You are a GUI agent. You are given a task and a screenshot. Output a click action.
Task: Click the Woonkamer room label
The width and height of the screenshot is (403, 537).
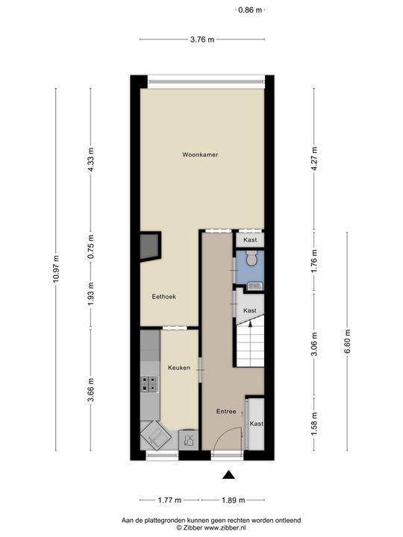[x=200, y=154]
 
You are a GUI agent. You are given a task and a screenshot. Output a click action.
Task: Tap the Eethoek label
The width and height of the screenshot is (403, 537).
[x=163, y=296]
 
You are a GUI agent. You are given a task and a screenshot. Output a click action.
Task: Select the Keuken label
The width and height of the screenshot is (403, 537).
[x=178, y=368]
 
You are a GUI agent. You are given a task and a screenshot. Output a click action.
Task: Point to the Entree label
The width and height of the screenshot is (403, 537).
[x=226, y=411]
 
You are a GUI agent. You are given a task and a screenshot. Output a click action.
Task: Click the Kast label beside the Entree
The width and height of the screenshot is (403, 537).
[x=256, y=423]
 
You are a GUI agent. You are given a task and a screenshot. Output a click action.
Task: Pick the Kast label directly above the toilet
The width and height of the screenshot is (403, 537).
[x=250, y=240]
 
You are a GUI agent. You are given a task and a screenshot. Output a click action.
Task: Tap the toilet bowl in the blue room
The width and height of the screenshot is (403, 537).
[x=252, y=259]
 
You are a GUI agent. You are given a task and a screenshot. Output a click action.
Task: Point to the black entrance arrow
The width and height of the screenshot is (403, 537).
[x=228, y=474]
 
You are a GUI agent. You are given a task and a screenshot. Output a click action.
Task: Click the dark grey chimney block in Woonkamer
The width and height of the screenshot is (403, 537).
[x=149, y=246]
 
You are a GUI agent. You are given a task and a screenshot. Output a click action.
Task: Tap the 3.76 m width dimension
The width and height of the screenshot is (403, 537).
[x=201, y=40]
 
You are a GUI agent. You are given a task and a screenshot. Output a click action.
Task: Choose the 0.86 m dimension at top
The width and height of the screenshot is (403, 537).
[x=250, y=10]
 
